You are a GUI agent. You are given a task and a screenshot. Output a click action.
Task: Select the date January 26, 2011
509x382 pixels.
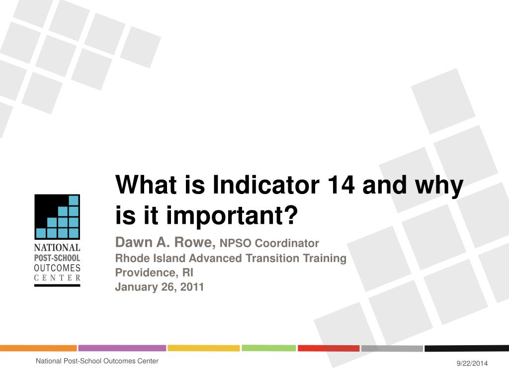coord(160,286)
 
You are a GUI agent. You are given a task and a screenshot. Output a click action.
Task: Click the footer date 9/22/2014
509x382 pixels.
coord(472,363)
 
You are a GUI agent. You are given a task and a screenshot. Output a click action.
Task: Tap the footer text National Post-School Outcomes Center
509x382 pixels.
coord(97,361)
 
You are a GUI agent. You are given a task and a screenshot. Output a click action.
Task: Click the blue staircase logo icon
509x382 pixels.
coord(57,217)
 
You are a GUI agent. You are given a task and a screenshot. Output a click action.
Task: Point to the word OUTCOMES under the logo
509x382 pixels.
coord(57,268)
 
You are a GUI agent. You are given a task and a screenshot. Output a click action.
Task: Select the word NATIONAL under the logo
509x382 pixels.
coord(57,248)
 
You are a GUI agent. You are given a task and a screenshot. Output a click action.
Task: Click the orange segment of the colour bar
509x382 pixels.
coord(38,348)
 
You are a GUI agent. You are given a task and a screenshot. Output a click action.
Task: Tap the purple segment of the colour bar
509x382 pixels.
coord(122,348)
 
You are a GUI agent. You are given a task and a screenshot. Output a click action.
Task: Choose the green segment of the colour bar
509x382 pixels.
coord(269,348)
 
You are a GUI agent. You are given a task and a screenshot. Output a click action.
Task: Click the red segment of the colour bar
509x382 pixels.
coord(329,348)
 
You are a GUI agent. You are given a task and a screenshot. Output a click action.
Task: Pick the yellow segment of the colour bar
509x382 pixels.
coord(203,348)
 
